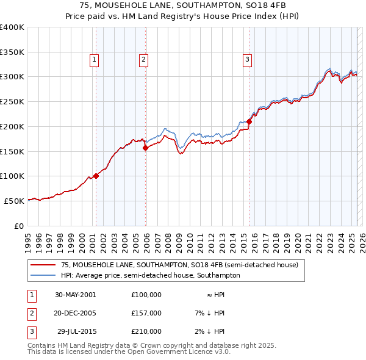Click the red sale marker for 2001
pos(96,176)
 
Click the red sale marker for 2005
pos(145,148)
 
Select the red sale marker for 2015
pos(249,122)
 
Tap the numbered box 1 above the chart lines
pos(95,59)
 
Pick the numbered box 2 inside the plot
pos(143,59)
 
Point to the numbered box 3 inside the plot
pos(247,59)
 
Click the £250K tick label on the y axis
pos(12,101)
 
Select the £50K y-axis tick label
pos(15,200)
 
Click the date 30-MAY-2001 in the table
pos(75,295)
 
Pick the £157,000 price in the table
pos(146,313)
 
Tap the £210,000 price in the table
pos(146,331)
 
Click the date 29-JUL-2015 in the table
pos(76,331)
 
